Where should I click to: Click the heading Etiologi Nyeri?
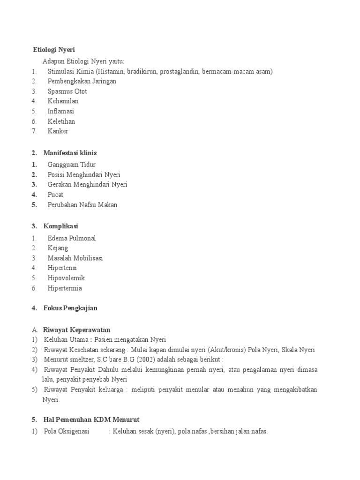tap(54, 49)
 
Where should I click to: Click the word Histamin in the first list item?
tap(111, 71)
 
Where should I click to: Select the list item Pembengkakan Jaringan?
tap(82, 81)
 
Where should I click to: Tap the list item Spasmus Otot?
tap(67, 91)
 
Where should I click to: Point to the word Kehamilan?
tap(63, 101)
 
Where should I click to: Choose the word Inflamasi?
tap(60, 111)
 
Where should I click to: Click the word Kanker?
tap(58, 131)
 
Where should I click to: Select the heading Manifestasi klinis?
tap(70, 153)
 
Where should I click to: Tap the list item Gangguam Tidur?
tap(71, 165)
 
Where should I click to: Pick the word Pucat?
tap(55, 195)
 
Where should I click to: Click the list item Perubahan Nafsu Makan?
tap(82, 205)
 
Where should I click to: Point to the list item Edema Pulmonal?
tap(71, 238)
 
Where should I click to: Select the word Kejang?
tap(58, 248)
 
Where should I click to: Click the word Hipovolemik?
tap(66, 278)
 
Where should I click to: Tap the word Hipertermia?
tap(65, 288)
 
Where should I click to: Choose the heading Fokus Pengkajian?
tap(70, 308)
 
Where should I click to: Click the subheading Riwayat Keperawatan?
tap(76, 330)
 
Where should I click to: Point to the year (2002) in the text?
tap(146, 360)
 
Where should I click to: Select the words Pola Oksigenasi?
tap(67, 431)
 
